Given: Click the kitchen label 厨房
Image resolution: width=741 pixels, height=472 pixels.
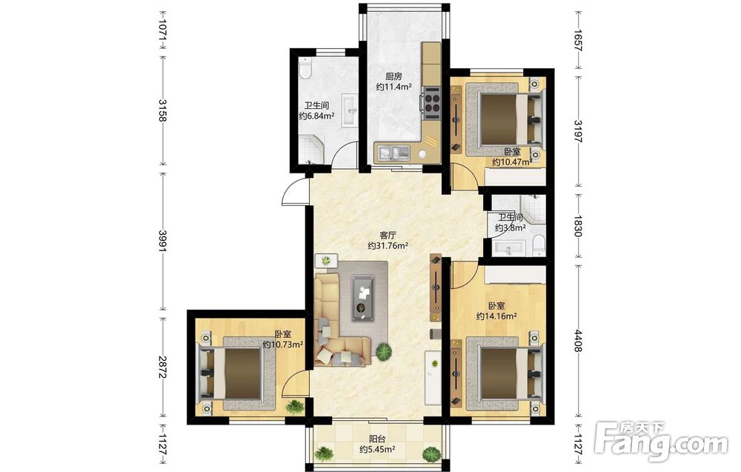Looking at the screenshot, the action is coord(393,76).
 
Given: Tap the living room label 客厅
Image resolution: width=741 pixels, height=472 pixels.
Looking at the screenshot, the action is coord(388,235).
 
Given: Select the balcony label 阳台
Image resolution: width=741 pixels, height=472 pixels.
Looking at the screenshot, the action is coord(376,439).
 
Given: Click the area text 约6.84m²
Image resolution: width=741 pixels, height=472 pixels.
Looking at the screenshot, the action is coord(316,116).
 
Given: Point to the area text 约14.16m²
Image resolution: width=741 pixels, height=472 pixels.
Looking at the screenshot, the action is coord(496,316).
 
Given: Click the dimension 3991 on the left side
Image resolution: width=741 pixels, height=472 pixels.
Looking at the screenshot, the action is coord(162,242).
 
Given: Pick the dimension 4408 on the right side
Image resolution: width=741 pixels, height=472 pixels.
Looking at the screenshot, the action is coord(578,340).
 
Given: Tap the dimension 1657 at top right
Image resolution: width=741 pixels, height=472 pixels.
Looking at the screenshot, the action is coord(578,41).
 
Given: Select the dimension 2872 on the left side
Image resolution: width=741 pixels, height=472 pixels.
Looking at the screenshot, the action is coord(162,367).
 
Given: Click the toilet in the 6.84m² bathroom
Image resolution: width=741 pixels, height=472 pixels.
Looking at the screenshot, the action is coord(305,69).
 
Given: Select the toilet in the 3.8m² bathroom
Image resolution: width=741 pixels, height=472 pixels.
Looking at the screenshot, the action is coord(538,246).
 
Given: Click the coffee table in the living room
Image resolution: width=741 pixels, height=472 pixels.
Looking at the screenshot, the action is coord(363,299).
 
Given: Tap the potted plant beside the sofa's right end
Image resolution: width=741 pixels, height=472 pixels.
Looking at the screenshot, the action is coord(384,351).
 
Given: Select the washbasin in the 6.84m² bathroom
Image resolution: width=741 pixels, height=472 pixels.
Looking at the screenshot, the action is coord(349,111).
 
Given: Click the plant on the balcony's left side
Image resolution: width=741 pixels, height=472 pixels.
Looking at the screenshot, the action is coord(324,454).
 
